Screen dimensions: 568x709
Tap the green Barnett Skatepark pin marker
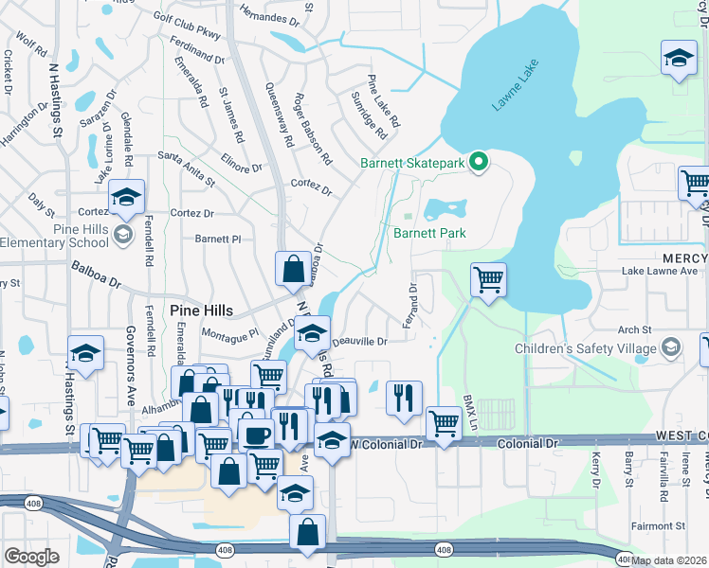click(479, 163)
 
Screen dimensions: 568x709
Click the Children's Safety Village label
click(585, 348)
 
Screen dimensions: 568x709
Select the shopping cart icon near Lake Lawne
click(488, 279)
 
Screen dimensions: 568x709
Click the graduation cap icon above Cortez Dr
click(126, 198)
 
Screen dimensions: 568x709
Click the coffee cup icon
click(255, 435)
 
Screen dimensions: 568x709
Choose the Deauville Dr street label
click(358, 341)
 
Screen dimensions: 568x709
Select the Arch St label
click(634, 329)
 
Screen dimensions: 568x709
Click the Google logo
click(31, 557)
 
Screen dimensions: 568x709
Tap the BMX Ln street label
click(467, 410)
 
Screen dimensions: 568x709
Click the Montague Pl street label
click(229, 334)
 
